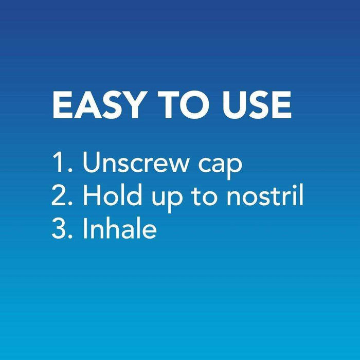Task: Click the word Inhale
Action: tap(119, 229)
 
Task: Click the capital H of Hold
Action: tap(92, 196)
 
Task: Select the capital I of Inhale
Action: tap(85, 229)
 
